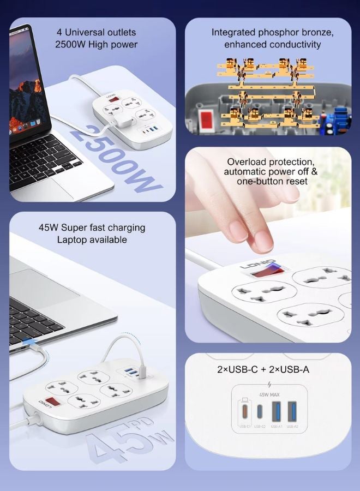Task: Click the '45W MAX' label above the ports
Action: [268, 394]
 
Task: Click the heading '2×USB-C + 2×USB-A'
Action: [263, 369]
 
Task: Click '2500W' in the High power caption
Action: [74, 44]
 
